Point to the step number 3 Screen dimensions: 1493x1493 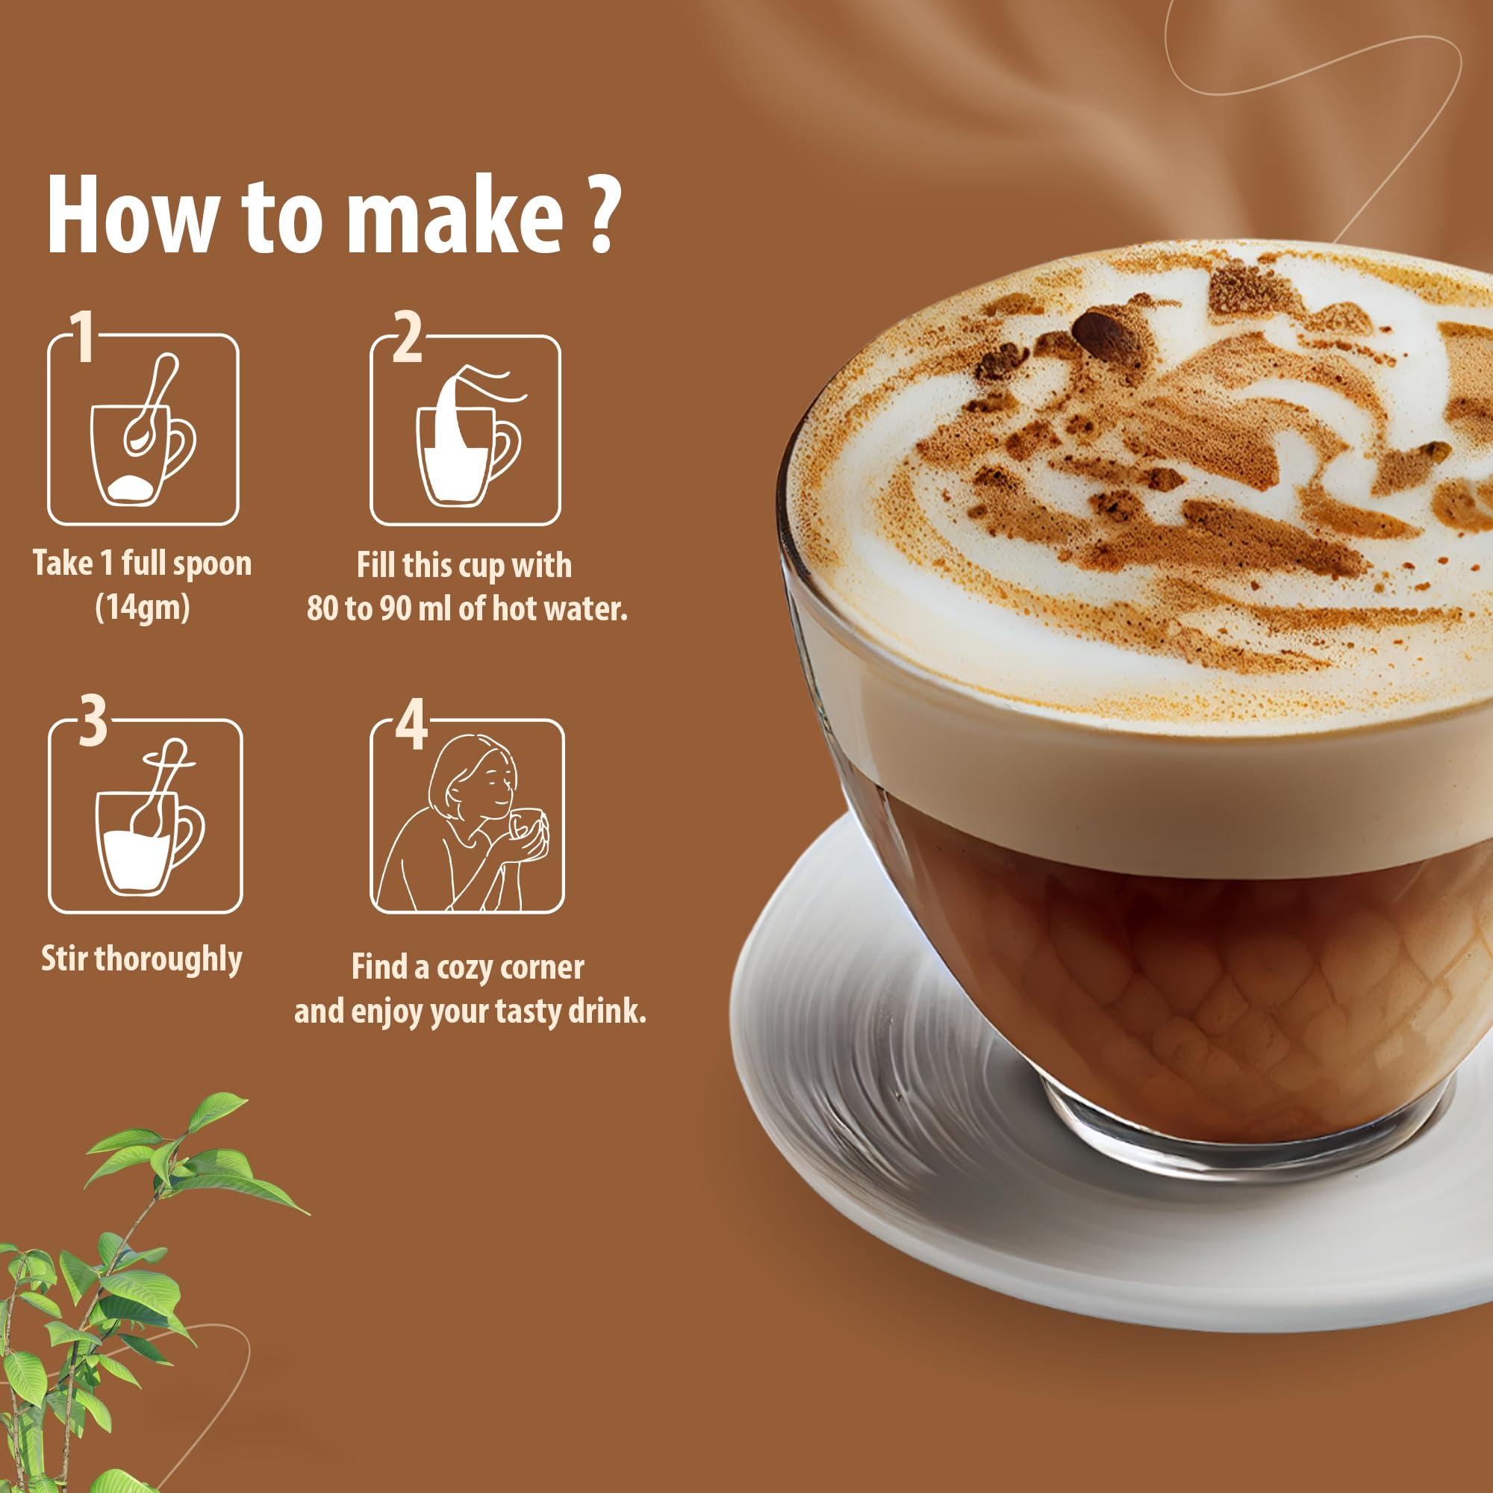(93, 720)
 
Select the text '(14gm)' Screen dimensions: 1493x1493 (142, 608)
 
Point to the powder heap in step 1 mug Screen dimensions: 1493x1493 (131, 487)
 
